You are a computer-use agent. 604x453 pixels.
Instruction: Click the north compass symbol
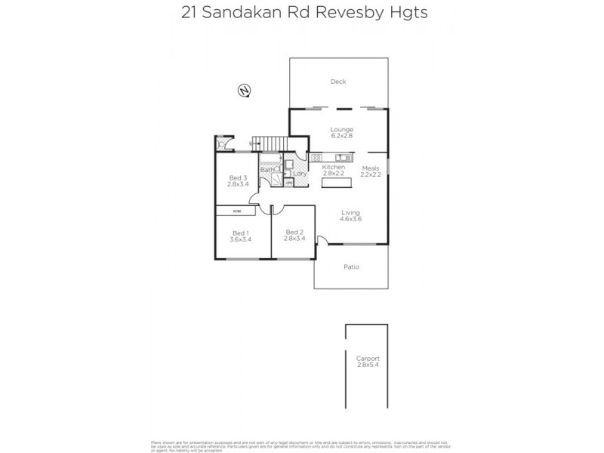coord(244,91)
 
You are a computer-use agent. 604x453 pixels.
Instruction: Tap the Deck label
coord(337,82)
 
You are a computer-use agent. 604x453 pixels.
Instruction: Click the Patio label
coord(350,267)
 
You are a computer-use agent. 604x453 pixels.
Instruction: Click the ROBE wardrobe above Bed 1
coord(237,211)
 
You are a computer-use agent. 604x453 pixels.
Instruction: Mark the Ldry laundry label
coord(299,174)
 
